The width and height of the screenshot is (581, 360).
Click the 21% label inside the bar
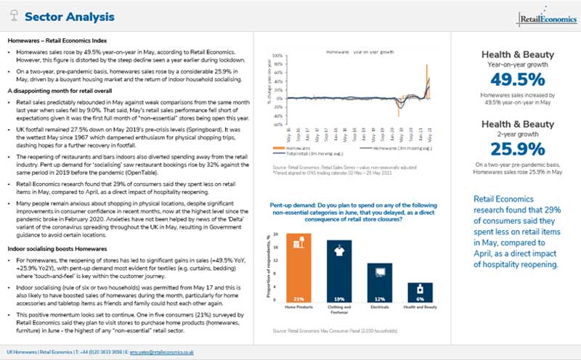298,298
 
